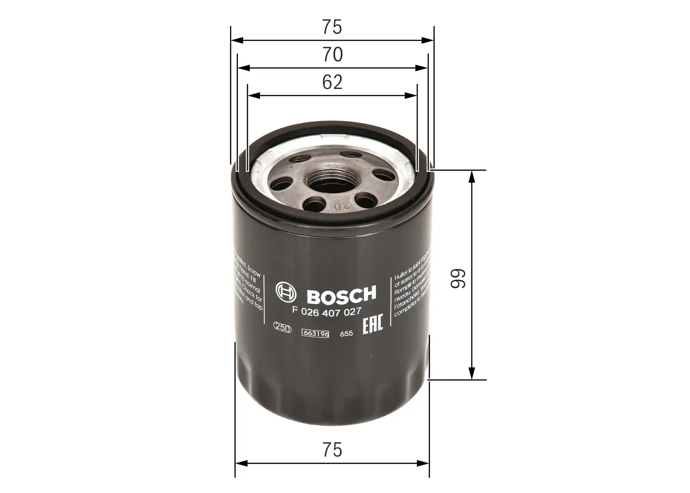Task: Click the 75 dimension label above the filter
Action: (332, 27)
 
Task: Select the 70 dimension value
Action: (332, 55)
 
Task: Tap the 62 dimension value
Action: (332, 82)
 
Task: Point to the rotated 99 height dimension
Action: (458, 279)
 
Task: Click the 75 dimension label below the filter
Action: (332, 449)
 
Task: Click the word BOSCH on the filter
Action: (341, 295)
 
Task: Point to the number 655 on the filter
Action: (346, 334)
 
